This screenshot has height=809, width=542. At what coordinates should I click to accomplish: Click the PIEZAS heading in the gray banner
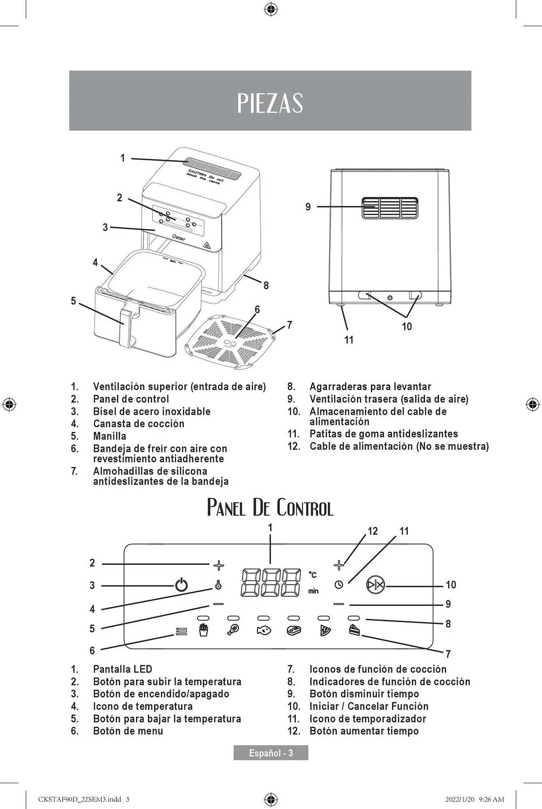[270, 103]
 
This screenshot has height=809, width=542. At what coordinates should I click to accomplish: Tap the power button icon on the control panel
[181, 585]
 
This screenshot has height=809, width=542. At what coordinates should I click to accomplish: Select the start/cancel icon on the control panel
[376, 585]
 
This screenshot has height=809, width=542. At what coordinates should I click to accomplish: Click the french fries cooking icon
[203, 630]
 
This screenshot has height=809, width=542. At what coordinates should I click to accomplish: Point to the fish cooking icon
[264, 630]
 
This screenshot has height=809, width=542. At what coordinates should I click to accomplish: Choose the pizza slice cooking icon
[325, 630]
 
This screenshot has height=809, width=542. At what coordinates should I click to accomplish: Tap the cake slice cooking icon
[354, 630]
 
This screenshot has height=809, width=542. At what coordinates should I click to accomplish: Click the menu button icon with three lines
[182, 631]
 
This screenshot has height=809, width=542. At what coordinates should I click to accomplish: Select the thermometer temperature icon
[218, 585]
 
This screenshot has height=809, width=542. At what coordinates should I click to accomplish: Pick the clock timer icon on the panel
[339, 585]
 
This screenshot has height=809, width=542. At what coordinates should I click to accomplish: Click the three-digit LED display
[271, 583]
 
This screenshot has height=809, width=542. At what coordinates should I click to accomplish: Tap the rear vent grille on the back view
[390, 208]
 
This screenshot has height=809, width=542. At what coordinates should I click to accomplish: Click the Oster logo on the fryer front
[179, 238]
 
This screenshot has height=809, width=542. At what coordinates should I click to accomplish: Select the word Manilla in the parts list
[110, 436]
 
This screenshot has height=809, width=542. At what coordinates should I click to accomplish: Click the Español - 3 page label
[271, 753]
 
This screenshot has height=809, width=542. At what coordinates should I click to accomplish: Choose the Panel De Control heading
[270, 508]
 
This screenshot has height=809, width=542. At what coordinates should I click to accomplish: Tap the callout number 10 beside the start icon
[451, 585]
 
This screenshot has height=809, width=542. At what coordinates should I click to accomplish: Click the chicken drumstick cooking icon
[234, 630]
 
